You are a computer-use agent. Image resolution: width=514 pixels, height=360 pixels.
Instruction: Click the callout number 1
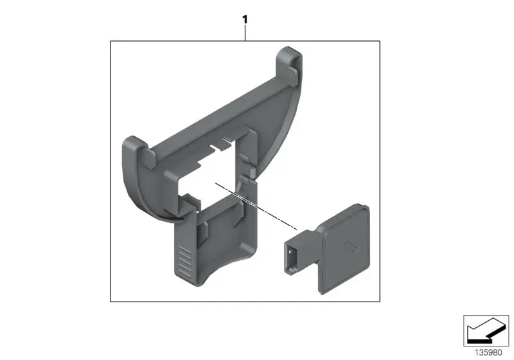(245, 20)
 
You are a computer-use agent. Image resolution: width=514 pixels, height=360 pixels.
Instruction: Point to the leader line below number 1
(245, 33)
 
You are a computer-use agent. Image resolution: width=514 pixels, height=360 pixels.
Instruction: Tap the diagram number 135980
(488, 352)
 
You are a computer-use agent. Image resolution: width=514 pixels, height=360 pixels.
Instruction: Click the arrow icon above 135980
(486, 330)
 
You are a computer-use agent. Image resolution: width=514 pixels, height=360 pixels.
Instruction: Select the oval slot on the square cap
(350, 248)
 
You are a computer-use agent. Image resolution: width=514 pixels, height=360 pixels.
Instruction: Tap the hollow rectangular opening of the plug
(291, 256)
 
